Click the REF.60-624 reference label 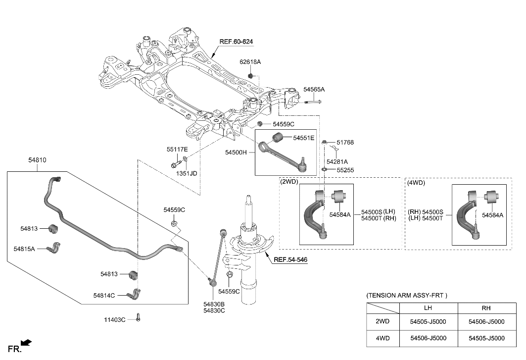237,42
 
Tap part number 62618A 250,62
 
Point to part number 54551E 303,138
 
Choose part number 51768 345,143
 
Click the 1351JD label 187,174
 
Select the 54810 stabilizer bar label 37,160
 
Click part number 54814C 104,295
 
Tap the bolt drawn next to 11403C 139,319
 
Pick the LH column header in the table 428,308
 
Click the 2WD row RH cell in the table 486,321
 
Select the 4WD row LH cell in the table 428,338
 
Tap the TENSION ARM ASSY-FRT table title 406,296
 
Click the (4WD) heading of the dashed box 416,182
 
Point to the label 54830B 214,304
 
